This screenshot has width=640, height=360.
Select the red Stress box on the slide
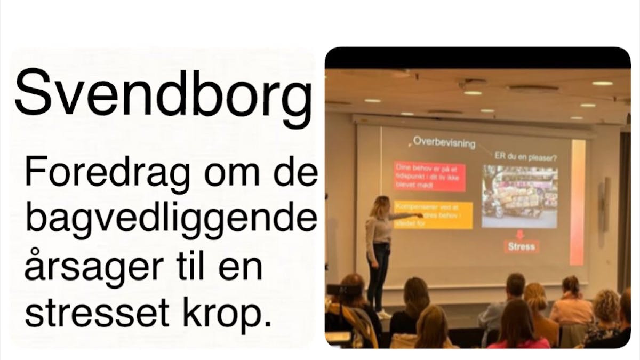pyautogui.click(x=521, y=246)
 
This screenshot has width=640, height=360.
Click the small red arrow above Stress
pyautogui.click(x=520, y=234)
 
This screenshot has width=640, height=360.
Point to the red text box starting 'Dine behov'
pyautogui.click(x=429, y=177)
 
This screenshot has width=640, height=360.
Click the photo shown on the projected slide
pyautogui.click(x=519, y=196)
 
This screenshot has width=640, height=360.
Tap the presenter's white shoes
pyautogui.click(x=383, y=314)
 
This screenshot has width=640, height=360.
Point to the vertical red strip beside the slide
pyautogui.click(x=577, y=203)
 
